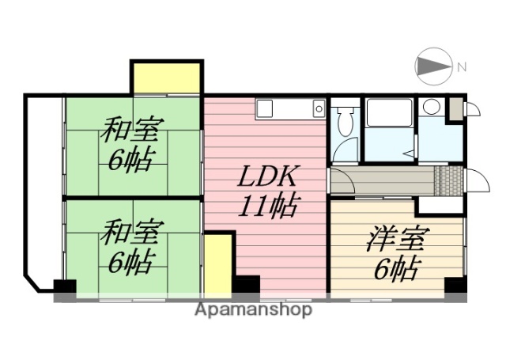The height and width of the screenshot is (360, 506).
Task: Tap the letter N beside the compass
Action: point(461,68)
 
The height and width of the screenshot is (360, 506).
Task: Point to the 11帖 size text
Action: point(268,207)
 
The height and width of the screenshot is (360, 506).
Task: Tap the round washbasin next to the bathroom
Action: point(431,107)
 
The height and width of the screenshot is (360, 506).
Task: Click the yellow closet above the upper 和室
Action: point(167,78)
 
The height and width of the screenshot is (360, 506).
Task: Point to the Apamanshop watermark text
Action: point(253,310)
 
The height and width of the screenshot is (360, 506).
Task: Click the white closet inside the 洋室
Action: point(440,205)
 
